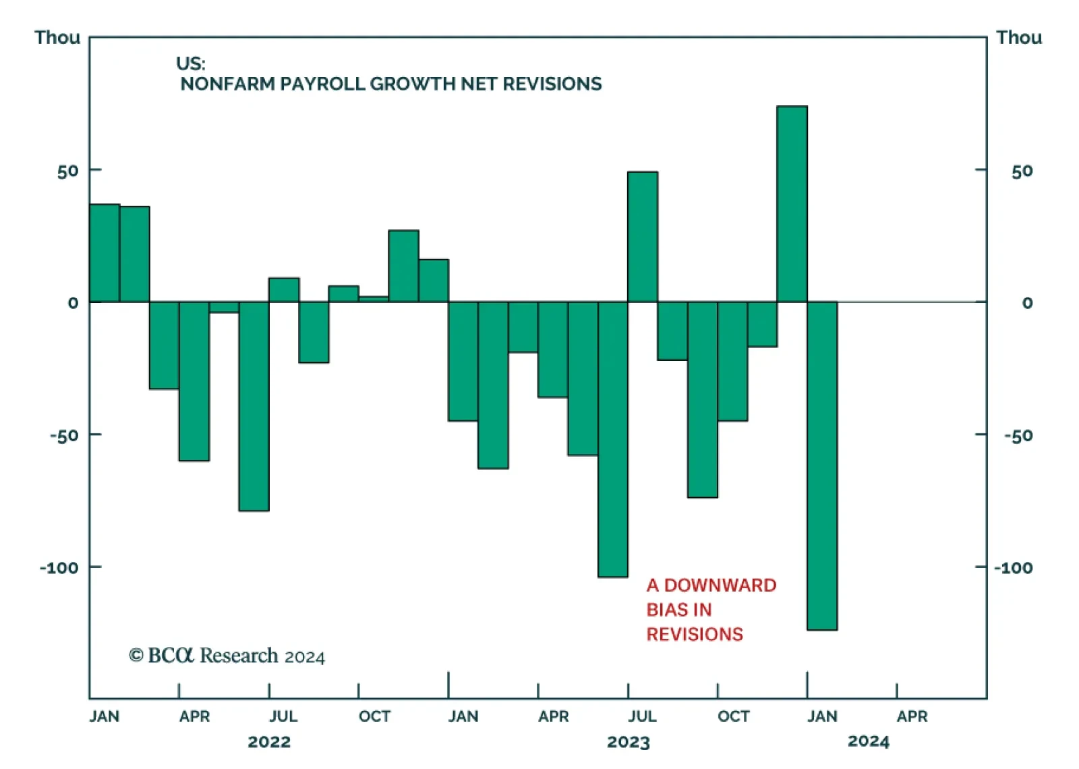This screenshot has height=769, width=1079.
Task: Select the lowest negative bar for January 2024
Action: [x=822, y=465]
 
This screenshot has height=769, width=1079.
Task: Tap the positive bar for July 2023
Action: [x=643, y=237]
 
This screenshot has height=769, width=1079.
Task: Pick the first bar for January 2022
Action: [x=105, y=253]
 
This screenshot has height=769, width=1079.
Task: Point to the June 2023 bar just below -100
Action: [x=613, y=439]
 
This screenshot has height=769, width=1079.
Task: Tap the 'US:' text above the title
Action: [x=191, y=63]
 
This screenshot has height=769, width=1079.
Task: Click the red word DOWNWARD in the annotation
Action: [x=720, y=585]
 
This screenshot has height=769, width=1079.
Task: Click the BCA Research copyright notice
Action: [x=227, y=656]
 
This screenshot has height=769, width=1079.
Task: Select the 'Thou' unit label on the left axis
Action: [x=57, y=37]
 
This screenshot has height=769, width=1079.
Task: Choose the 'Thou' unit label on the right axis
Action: [x=1019, y=37]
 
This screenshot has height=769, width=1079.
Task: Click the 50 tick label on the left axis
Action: [x=67, y=171]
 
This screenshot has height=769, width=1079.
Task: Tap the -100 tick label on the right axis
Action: [x=1013, y=568]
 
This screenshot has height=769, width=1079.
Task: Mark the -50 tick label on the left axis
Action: [x=64, y=436]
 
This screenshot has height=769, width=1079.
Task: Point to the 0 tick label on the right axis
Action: [x=1027, y=303]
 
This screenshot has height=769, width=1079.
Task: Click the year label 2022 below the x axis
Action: [x=269, y=742]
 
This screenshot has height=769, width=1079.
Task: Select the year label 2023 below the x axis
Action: [x=628, y=742]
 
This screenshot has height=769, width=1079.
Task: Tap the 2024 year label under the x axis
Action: [x=869, y=741]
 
